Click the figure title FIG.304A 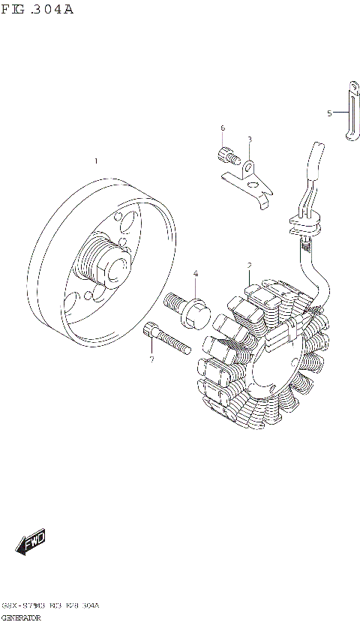point(37,11)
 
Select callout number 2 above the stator point(249,266)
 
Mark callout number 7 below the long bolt point(151,359)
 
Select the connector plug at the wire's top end point(314,159)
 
